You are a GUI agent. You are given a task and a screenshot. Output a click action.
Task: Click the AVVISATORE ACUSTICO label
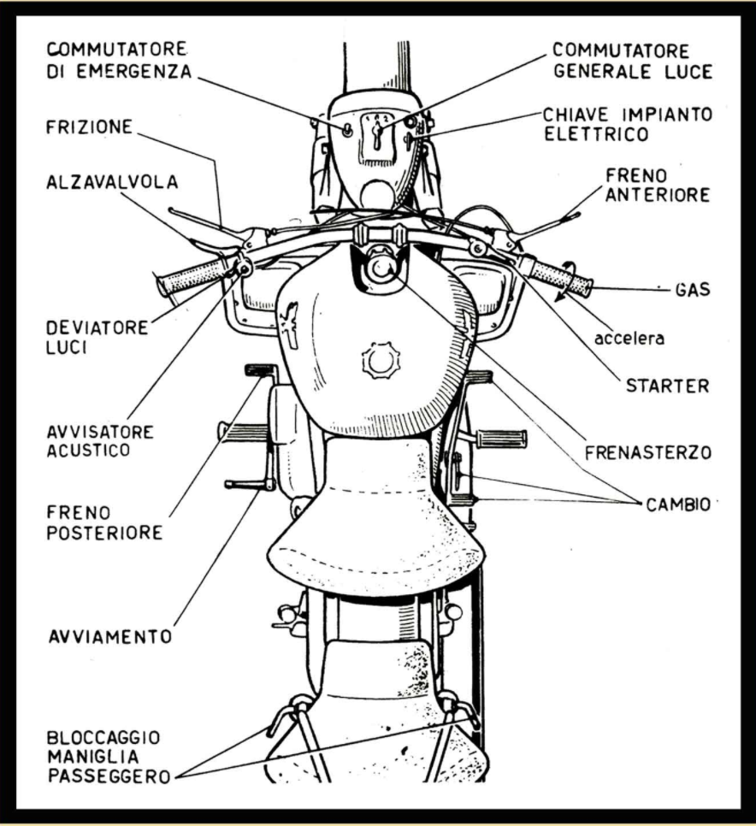click(101, 440)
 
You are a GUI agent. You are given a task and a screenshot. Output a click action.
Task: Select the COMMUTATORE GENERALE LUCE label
click(632, 60)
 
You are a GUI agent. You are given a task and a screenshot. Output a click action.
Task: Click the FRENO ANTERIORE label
click(658, 185)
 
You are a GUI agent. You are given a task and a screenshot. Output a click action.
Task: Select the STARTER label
click(667, 386)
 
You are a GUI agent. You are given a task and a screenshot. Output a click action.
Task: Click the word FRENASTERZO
click(647, 451)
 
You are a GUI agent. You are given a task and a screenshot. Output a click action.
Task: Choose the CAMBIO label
click(676, 504)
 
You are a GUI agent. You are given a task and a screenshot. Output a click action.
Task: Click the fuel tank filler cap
click(379, 362)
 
